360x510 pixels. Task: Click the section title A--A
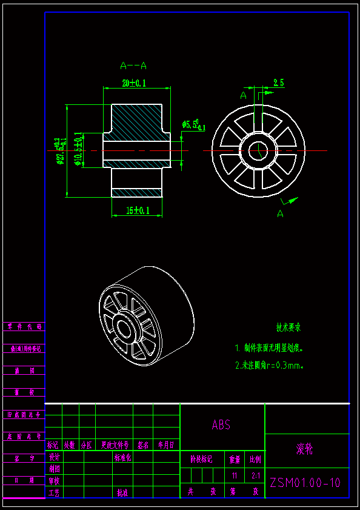(133, 65)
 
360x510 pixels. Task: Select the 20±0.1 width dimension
(134, 84)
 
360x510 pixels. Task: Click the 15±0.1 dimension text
(138, 210)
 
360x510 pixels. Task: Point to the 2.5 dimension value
(279, 83)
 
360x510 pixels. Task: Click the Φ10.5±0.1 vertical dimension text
(78, 149)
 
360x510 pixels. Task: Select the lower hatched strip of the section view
(137, 192)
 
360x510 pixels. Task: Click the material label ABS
(221, 425)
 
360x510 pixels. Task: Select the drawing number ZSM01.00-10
(305, 483)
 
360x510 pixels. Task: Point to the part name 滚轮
(305, 449)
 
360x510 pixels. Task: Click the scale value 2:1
(255, 476)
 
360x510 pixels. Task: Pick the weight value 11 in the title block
(234, 476)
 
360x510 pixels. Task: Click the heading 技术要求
(288, 327)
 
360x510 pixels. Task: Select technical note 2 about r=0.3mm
(268, 365)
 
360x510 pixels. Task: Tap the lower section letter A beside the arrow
(280, 213)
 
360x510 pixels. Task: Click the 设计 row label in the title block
(54, 457)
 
